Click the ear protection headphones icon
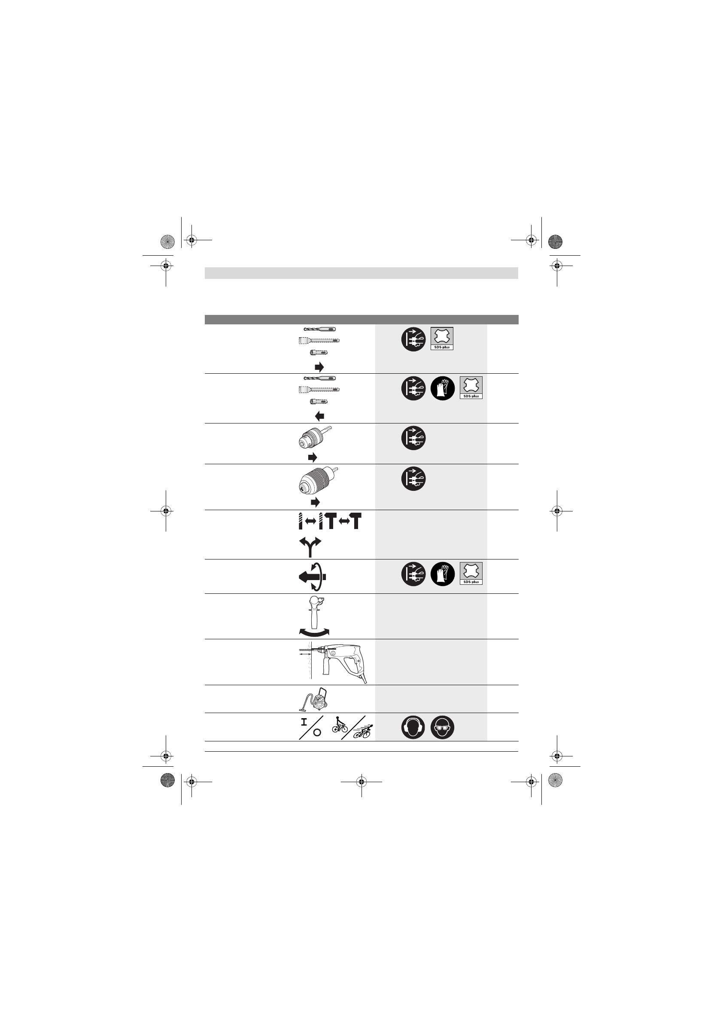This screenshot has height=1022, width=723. (413, 728)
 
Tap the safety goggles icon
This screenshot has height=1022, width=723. (442, 728)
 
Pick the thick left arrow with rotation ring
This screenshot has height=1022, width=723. (312, 577)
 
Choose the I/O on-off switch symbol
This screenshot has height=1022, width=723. (310, 728)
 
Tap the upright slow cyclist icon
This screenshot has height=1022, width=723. (340, 725)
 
